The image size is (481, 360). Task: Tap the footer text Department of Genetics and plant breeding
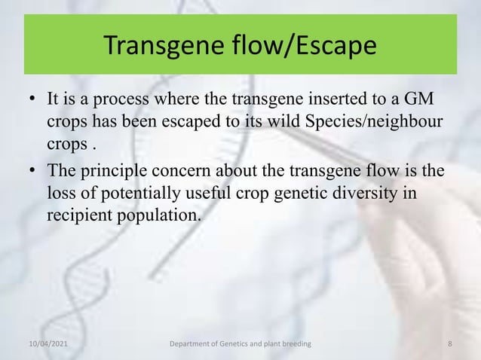tap(240, 344)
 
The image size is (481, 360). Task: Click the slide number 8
tap(449, 344)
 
